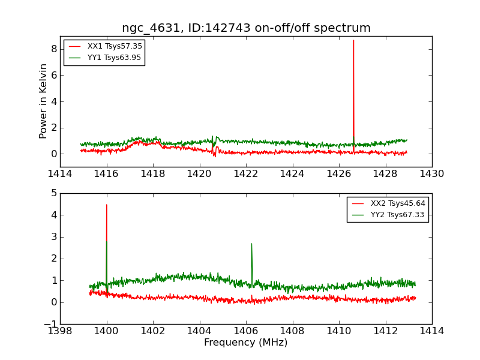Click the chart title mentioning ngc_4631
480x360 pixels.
pos(246,28)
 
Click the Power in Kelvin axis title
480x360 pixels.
pos(43,101)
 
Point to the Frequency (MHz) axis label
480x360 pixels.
pos(246,343)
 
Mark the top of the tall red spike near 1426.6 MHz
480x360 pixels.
pos(353,41)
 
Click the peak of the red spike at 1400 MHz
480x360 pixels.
pos(107,205)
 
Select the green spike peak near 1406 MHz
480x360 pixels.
pos(251,244)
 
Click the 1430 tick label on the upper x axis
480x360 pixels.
pos(431,174)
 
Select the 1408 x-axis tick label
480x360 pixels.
pos(292,331)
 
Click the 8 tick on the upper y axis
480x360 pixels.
pos(53,49)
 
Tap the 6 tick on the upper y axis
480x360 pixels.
pos(53,75)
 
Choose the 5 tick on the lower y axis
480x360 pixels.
pos(53,193)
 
